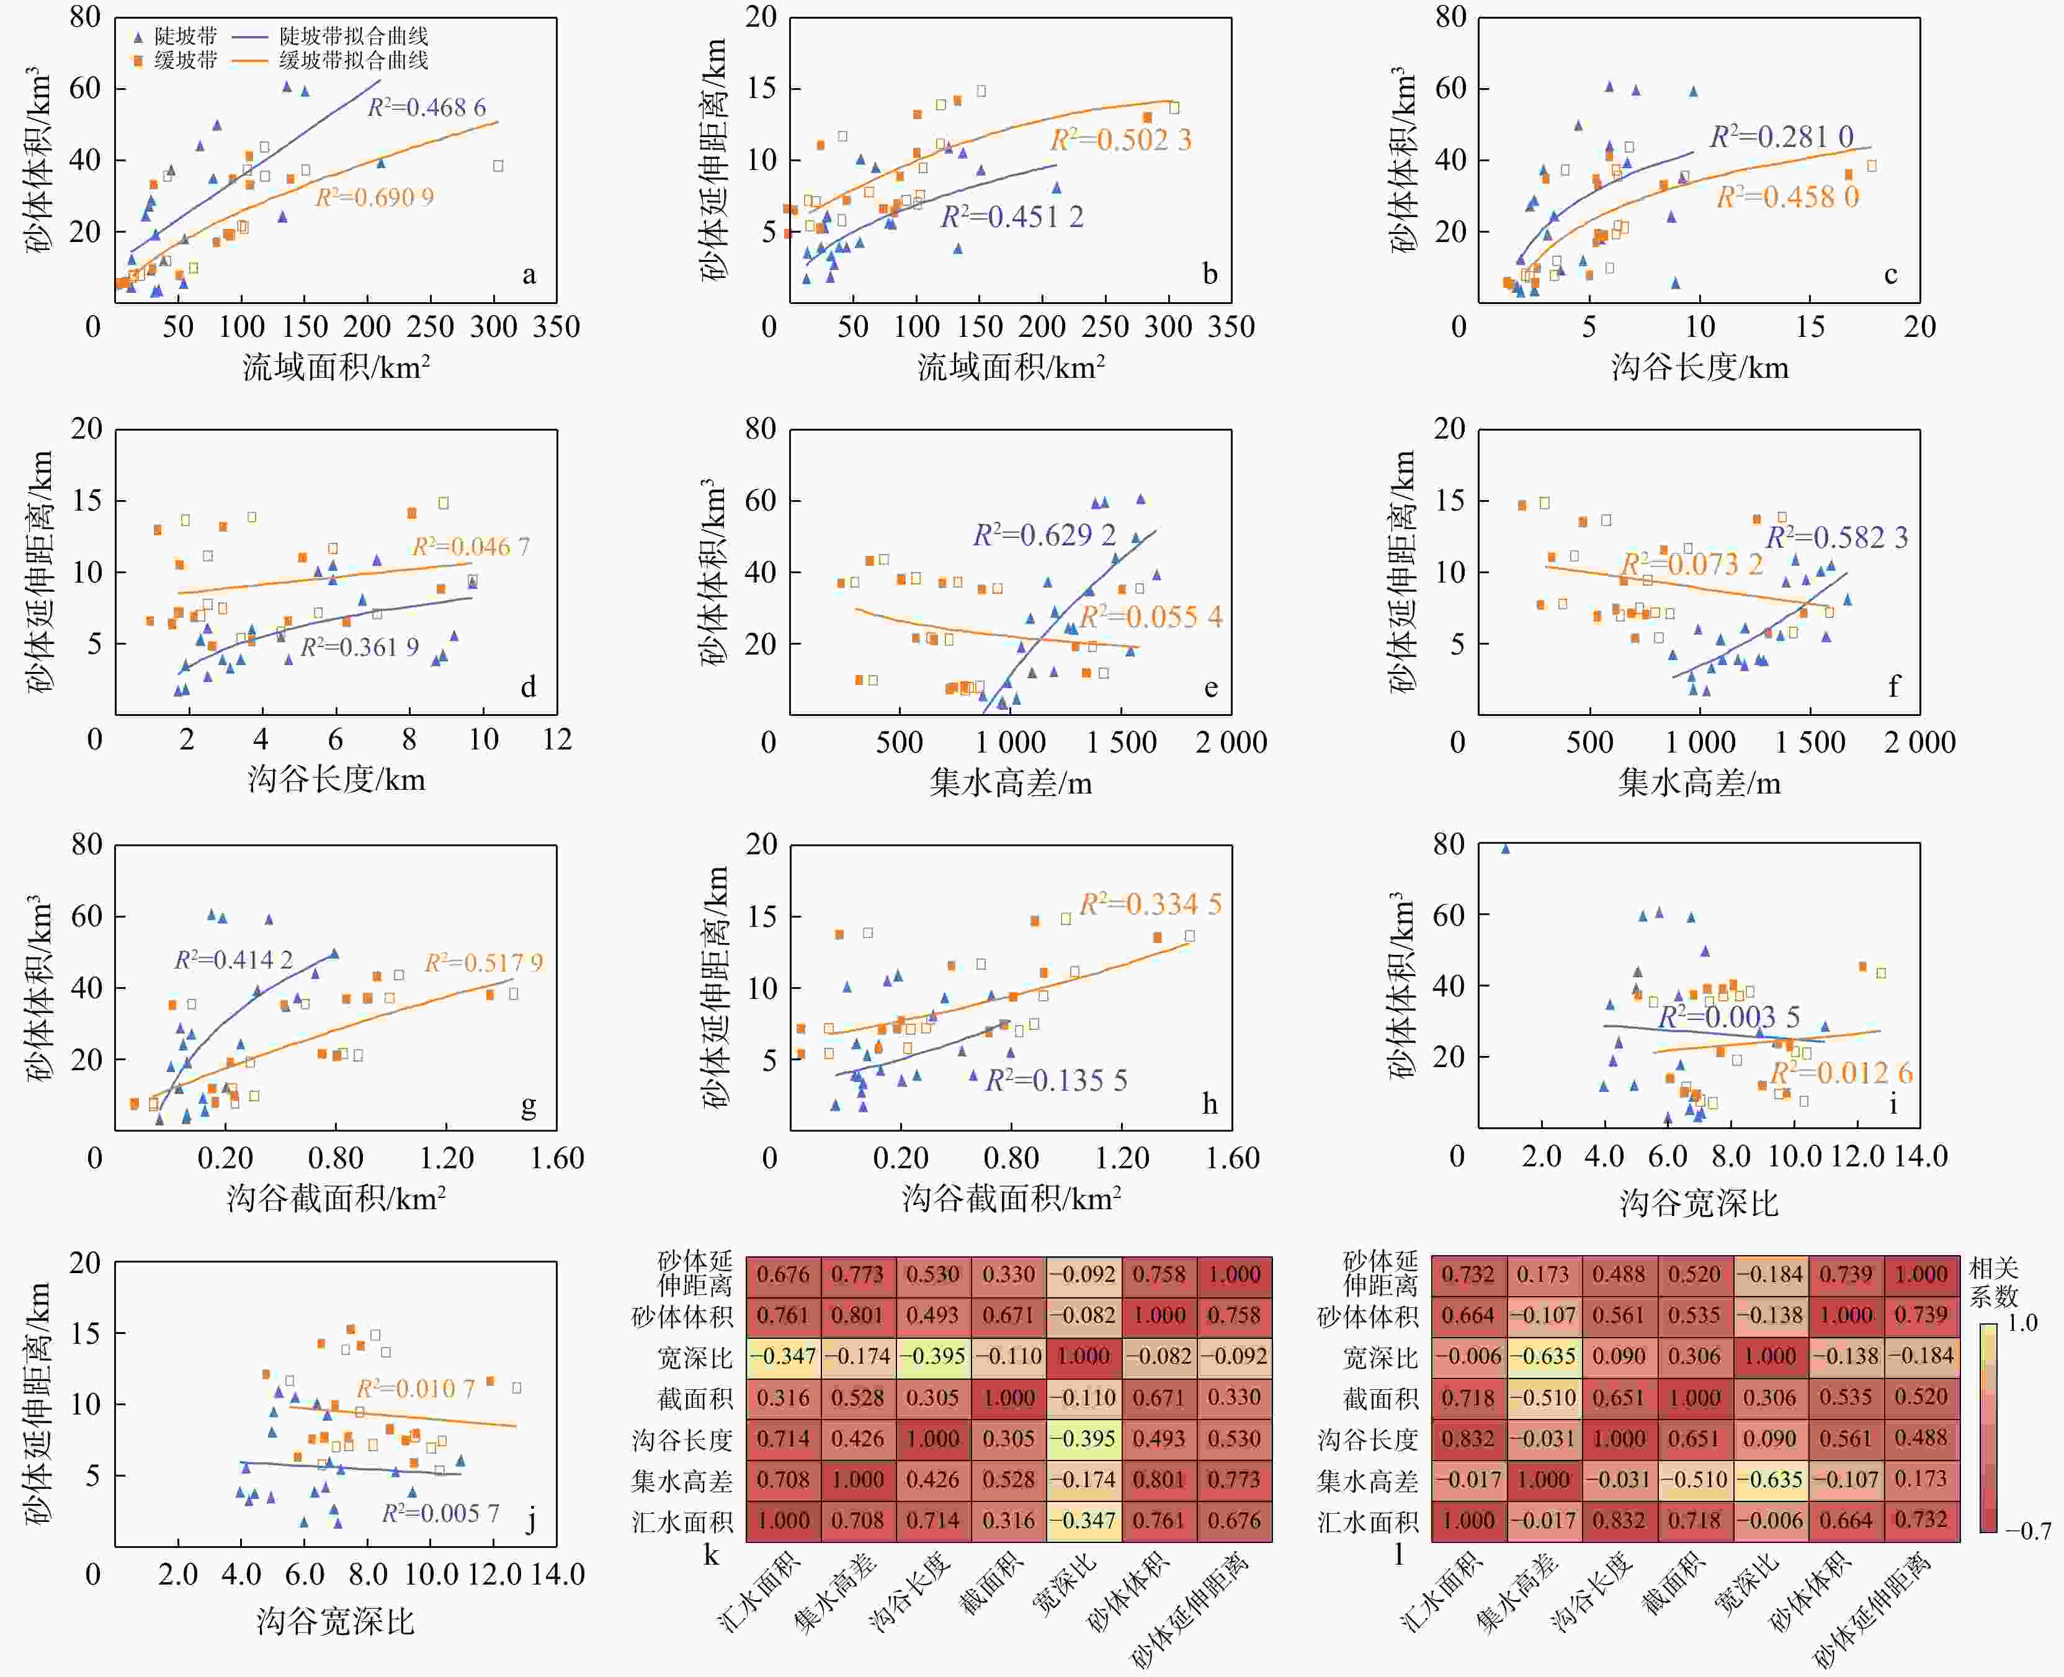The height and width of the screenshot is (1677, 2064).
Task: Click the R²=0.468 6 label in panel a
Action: click(x=426, y=107)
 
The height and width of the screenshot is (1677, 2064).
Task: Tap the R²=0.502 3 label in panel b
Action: click(x=1120, y=140)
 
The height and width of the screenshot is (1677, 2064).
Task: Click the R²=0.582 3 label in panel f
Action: click(x=1837, y=537)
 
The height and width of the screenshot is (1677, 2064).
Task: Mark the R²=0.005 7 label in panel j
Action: click(x=440, y=1513)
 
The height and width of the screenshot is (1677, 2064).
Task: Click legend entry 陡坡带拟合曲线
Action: click(x=354, y=37)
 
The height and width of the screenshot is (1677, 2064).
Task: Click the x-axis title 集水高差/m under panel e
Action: click(x=1010, y=782)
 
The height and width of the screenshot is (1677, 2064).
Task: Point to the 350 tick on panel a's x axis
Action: click(x=556, y=326)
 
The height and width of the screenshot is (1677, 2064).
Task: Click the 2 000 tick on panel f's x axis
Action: click(x=1919, y=742)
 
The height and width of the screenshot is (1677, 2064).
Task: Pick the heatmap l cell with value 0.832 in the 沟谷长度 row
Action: click(x=1468, y=1438)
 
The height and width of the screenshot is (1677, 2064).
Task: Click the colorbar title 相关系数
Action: click(x=1993, y=1281)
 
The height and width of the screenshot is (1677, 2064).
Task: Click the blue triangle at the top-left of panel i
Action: click(x=1505, y=848)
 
